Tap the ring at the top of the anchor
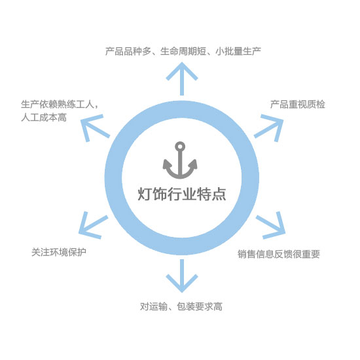tap(180, 146)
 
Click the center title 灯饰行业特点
tap(182, 194)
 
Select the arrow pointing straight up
tap(182, 79)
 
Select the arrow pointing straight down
tap(182, 276)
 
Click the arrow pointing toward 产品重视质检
tap(269, 128)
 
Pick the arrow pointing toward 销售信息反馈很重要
tap(271, 225)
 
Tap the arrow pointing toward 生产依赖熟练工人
tap(95, 128)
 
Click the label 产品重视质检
tap(298, 105)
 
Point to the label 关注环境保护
tap(59, 252)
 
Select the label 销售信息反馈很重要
tap(279, 254)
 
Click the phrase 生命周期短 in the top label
tap(183, 51)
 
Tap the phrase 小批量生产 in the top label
tap(238, 51)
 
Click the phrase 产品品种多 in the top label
tap(128, 51)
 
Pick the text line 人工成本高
tap(44, 117)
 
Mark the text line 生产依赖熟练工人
tap(58, 105)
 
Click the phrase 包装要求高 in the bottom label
tap(200, 306)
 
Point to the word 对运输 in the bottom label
tap(154, 306)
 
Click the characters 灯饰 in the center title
tap(152, 194)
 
